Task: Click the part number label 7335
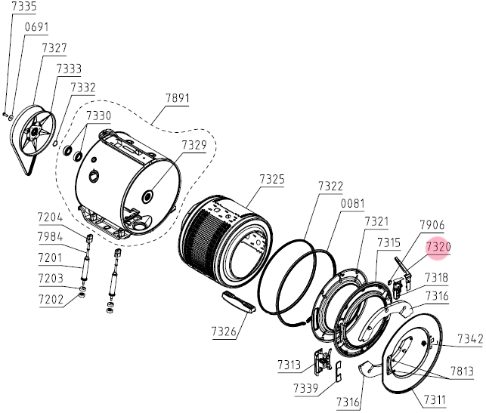(x=24, y=6)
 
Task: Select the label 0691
(x=36, y=27)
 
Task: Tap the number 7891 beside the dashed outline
(x=178, y=98)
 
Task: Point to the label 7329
(x=194, y=144)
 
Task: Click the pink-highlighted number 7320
(x=438, y=247)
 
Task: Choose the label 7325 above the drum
(x=272, y=179)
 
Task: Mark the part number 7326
(x=224, y=331)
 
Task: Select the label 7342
(x=470, y=339)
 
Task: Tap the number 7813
(x=462, y=371)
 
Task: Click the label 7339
(x=305, y=387)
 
